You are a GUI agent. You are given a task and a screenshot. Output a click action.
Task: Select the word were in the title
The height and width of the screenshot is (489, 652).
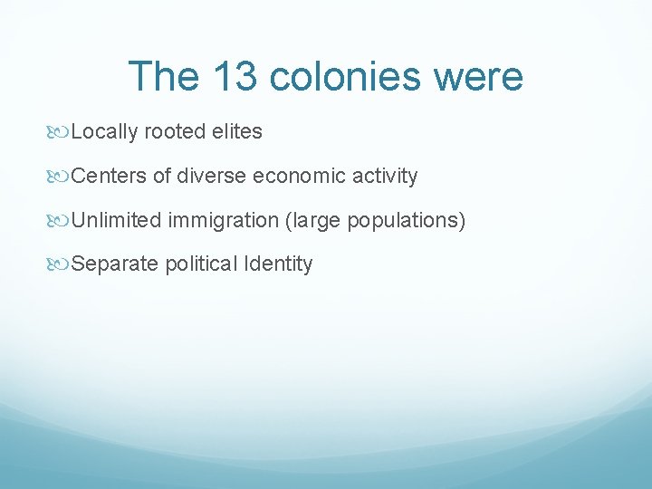(479, 77)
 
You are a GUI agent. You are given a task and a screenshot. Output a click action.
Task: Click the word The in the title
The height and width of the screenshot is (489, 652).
(164, 77)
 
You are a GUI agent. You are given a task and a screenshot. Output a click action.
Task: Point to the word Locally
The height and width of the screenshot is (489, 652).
(104, 132)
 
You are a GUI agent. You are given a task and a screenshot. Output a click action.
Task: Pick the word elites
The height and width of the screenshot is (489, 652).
(236, 132)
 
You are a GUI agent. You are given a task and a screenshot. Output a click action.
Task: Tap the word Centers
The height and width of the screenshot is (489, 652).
(108, 176)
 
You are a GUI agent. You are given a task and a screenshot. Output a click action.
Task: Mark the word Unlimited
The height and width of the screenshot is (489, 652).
(116, 220)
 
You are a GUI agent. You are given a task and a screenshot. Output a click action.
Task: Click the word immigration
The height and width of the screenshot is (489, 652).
(221, 220)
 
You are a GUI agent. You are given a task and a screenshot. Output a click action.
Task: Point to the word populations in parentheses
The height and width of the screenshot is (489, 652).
(406, 220)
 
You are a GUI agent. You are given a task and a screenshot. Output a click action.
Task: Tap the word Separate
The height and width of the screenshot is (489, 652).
(114, 264)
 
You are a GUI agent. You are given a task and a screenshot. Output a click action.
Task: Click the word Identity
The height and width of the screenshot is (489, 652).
(277, 264)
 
